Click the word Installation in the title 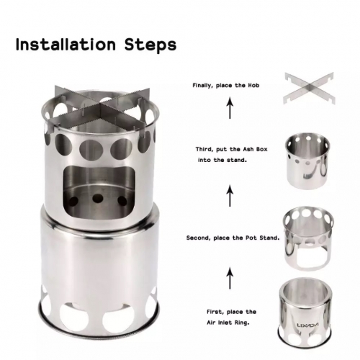(x=66, y=44)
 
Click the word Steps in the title (x=150, y=45)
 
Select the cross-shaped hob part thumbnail (x=309, y=88)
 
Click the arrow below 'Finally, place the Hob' (x=230, y=107)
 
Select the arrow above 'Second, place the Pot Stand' (x=230, y=196)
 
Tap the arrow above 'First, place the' (x=230, y=279)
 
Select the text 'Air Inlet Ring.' (x=228, y=323)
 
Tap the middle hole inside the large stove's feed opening (x=98, y=198)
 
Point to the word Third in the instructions (x=204, y=149)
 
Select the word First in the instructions (x=215, y=312)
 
